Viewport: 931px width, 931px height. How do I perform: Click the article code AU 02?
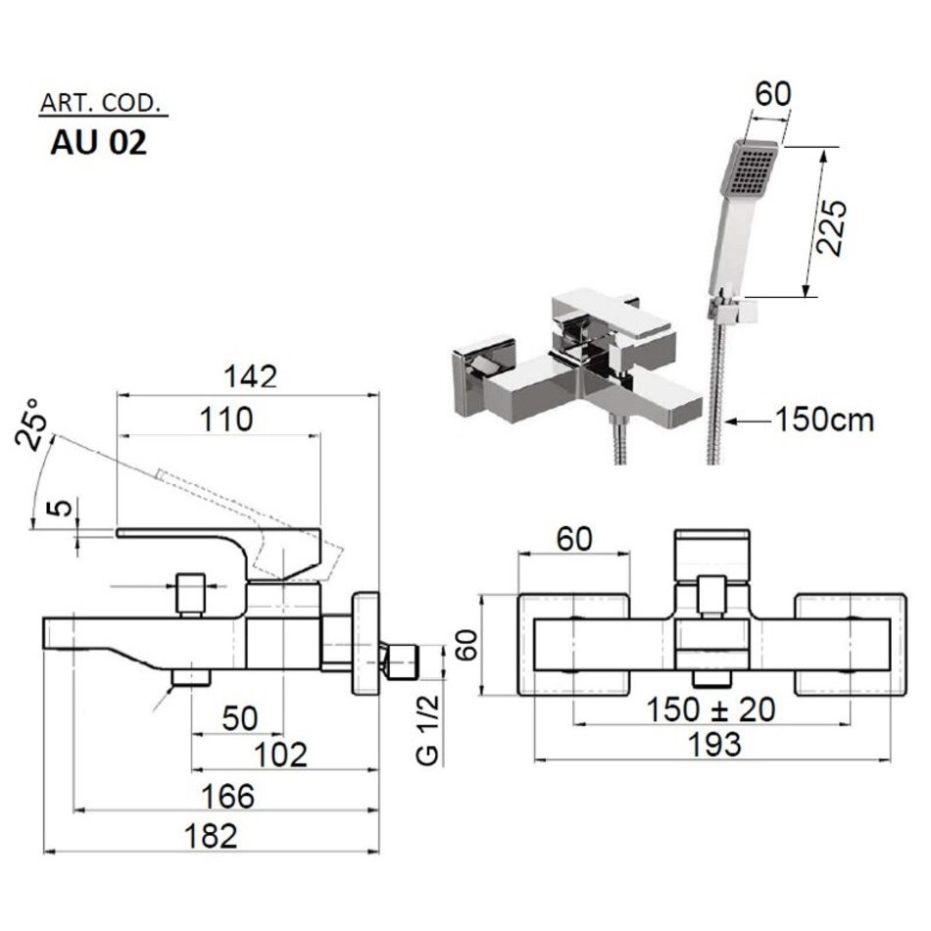point(99,143)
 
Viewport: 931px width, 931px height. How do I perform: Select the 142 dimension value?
point(249,375)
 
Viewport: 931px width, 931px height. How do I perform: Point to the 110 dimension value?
point(225,418)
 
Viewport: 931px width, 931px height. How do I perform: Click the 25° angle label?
point(33,422)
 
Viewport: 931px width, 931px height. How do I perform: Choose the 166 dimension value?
point(227,795)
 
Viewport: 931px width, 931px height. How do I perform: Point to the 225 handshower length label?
point(831,227)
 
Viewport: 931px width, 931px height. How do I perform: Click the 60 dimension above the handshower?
point(771,93)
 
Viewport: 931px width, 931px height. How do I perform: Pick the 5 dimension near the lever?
point(59,510)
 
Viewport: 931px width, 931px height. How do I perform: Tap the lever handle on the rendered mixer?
point(598,314)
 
